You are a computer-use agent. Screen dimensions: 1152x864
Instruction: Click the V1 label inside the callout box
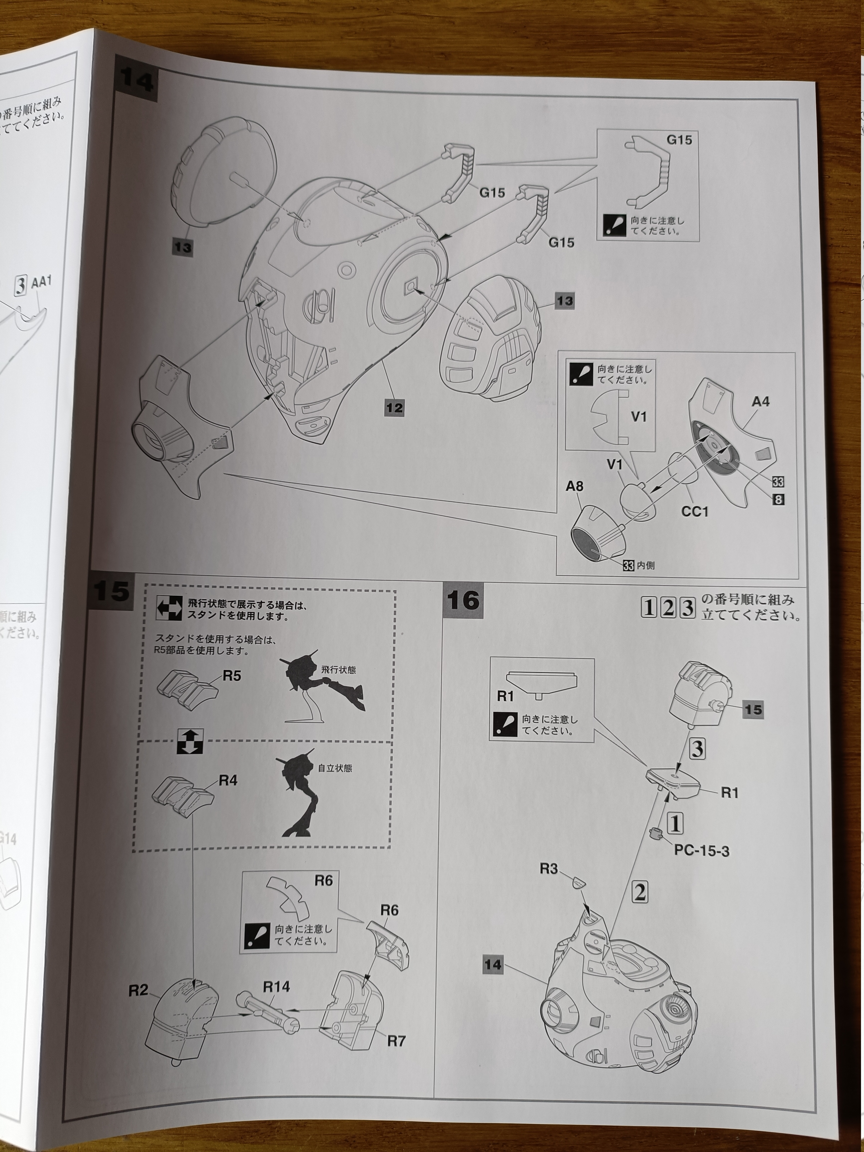tap(639, 417)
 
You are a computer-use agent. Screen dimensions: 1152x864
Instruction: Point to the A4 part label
tap(760, 402)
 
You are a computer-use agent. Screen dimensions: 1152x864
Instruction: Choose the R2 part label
tap(139, 990)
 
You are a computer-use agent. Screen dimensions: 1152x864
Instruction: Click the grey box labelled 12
tap(394, 407)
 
